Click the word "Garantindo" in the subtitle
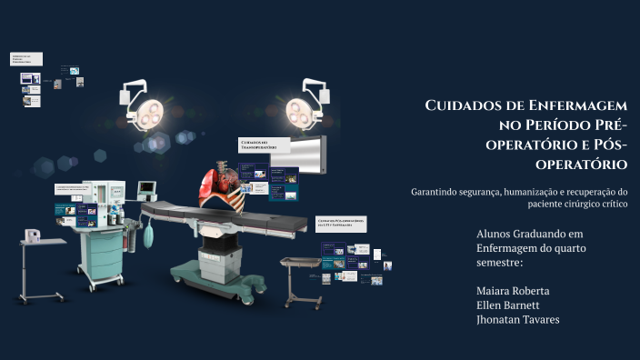[x=441, y=191]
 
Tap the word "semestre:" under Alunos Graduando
[x=499, y=263]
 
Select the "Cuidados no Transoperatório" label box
[x=264, y=145]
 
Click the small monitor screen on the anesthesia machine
[x=147, y=188]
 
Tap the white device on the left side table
[x=34, y=235]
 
